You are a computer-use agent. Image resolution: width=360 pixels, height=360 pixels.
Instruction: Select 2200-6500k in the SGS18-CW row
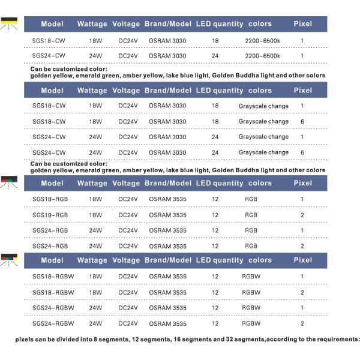point(263,40)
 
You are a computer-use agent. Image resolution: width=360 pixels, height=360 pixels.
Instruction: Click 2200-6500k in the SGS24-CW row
point(263,56)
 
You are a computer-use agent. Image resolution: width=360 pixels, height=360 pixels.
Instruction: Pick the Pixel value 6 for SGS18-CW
point(302,122)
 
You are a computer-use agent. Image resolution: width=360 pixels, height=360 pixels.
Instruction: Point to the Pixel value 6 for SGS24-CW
point(302,152)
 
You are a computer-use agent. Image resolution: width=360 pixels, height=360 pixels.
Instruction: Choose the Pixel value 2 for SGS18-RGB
point(302,215)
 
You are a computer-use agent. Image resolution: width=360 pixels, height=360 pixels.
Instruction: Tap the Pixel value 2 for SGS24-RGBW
point(302,323)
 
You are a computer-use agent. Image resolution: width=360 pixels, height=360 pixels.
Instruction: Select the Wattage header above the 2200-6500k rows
point(92,24)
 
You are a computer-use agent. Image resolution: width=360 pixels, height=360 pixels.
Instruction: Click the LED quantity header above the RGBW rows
point(220,260)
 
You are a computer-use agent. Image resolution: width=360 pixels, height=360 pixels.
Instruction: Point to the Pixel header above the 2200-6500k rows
point(302,24)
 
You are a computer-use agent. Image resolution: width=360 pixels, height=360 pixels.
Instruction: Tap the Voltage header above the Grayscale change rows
point(126,91)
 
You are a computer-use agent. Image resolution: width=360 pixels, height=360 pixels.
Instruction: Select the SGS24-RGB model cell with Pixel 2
point(50,246)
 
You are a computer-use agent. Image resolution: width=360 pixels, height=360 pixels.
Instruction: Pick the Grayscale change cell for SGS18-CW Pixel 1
point(263,106)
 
